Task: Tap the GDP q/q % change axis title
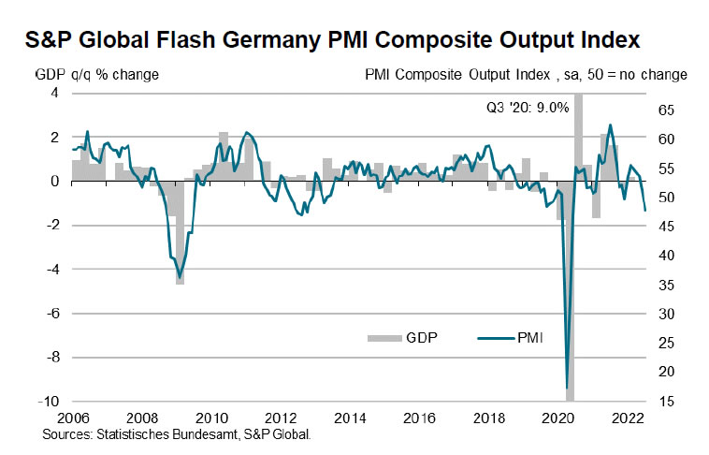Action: point(96,74)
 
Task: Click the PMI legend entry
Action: point(528,337)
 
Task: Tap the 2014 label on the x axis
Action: point(350,418)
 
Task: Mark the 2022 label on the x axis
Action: point(627,418)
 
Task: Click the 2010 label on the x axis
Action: point(212,418)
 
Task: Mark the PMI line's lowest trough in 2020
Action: point(568,388)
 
